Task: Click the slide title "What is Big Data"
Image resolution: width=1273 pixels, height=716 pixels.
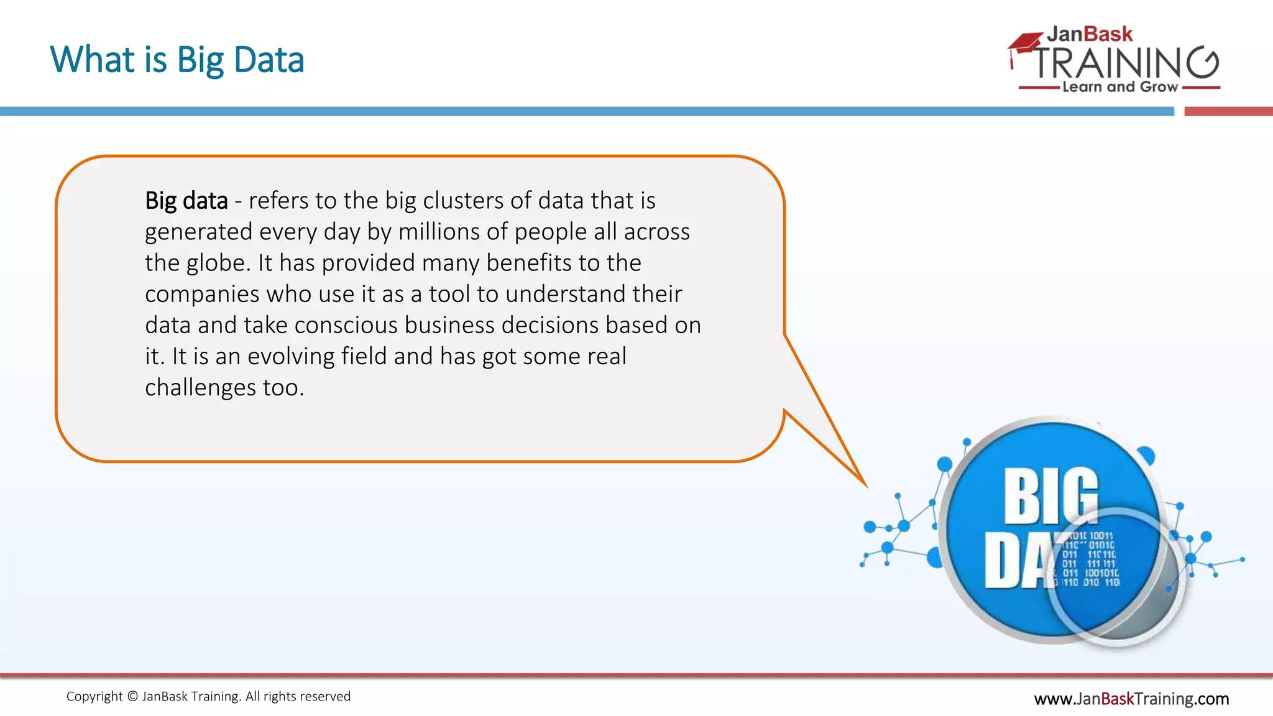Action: [x=177, y=60]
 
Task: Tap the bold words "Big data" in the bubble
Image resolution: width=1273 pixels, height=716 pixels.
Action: [x=186, y=201]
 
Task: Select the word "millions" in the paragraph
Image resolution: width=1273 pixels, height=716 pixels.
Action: [x=439, y=232]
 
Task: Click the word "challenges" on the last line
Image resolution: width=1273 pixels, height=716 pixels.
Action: [x=200, y=388]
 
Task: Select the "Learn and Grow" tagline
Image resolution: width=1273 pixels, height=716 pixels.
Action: [x=1120, y=87]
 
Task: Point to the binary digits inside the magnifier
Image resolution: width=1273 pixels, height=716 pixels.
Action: [x=1091, y=559]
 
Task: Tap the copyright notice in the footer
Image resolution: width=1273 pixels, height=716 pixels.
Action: [x=208, y=697]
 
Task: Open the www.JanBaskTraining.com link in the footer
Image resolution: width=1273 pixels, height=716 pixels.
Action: [x=1131, y=699]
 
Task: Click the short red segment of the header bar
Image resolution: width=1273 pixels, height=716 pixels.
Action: [x=1228, y=112]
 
